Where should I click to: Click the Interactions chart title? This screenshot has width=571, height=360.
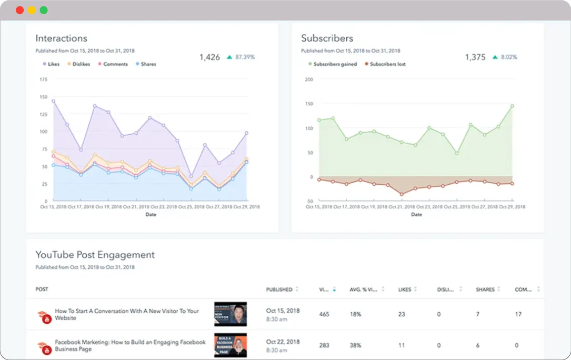click(x=61, y=38)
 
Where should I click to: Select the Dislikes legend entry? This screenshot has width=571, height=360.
click(x=78, y=64)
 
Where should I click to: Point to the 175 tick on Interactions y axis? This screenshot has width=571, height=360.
click(x=43, y=79)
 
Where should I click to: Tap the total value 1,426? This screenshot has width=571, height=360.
click(x=209, y=57)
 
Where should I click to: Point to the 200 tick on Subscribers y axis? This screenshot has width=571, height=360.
click(x=309, y=79)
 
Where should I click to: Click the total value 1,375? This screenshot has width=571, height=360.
click(x=475, y=57)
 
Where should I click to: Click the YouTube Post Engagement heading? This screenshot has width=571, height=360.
click(x=95, y=255)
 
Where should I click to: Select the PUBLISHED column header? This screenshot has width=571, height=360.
click(x=279, y=289)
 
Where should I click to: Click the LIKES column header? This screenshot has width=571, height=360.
click(x=405, y=289)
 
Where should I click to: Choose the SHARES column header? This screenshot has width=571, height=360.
click(x=485, y=289)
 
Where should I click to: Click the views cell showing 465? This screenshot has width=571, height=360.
click(x=324, y=314)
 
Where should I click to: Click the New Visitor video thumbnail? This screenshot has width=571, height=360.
click(x=231, y=314)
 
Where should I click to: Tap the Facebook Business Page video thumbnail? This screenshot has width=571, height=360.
click(x=231, y=345)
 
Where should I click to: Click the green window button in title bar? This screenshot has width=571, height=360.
click(x=44, y=10)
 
